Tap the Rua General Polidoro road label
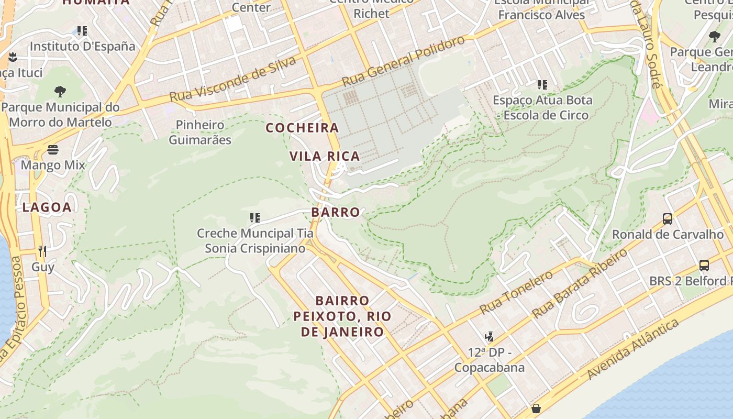pyautogui.click(x=403, y=61)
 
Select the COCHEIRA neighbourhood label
pyautogui.click(x=303, y=128)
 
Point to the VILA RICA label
pyautogui.click(x=325, y=156)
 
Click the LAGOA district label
pyautogui.click(x=47, y=207)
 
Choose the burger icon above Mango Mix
pyautogui.click(x=53, y=150)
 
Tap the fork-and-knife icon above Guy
pyautogui.click(x=42, y=251)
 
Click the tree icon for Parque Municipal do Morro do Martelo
pyautogui.click(x=60, y=92)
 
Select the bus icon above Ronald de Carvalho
pyautogui.click(x=668, y=219)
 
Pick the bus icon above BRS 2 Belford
pyautogui.click(x=704, y=266)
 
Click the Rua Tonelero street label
pyautogui.click(x=516, y=292)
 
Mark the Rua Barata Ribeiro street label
pyautogui.click(x=580, y=283)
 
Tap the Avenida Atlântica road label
pyautogui.click(x=633, y=349)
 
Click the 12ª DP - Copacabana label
pyautogui.click(x=489, y=359)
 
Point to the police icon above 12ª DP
pyautogui.click(x=490, y=336)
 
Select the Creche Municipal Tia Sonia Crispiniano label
pyautogui.click(x=255, y=240)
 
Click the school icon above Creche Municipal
pyautogui.click(x=255, y=218)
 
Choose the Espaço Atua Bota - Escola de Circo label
pyautogui.click(x=542, y=107)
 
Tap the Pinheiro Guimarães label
pyautogui.click(x=200, y=133)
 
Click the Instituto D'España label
pyautogui.click(x=82, y=46)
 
